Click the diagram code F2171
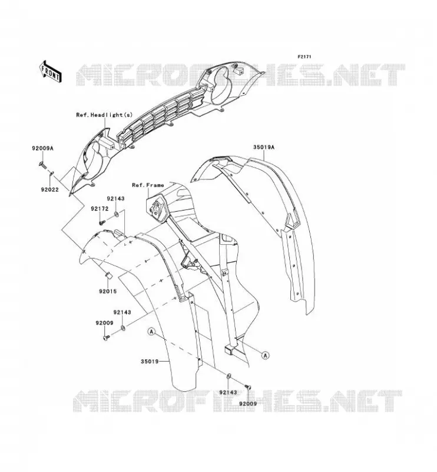point(304,57)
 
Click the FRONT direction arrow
point(51,71)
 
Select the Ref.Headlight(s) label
point(104,114)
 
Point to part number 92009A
point(42,148)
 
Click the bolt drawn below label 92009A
point(42,165)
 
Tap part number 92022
point(50,189)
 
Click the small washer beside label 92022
point(51,173)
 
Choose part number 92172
point(100,209)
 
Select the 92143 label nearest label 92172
point(115,199)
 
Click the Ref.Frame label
point(148,185)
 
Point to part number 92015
point(108,291)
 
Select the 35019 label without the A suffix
point(150,361)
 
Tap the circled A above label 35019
point(152,332)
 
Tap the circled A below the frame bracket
point(266,355)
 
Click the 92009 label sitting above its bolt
point(105,323)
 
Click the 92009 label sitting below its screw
point(249,404)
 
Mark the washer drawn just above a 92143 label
point(229,376)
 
